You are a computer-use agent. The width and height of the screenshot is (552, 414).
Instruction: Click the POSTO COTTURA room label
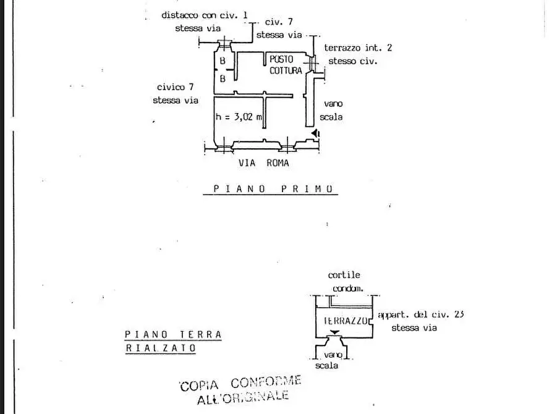point(286,65)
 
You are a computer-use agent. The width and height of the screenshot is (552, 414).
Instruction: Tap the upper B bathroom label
point(223,61)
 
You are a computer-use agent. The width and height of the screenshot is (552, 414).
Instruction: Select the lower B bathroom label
point(223,78)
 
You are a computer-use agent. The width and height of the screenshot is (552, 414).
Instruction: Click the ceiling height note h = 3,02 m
point(239,117)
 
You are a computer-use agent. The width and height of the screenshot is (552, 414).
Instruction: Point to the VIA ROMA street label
point(264,163)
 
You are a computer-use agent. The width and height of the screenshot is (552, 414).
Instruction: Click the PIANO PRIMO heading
point(273,189)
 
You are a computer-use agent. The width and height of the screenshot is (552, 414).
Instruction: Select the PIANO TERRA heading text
point(173,334)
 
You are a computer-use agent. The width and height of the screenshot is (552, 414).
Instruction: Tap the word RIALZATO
point(161,348)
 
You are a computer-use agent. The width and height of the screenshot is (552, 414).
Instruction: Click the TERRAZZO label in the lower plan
point(346,321)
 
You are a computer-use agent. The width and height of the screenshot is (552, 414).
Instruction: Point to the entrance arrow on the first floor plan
point(315,133)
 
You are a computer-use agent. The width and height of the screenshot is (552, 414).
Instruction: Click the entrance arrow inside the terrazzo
point(334,332)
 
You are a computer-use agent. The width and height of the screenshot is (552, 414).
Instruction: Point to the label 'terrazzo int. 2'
point(358,48)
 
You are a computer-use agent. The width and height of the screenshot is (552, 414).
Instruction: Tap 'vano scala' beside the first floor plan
point(331,110)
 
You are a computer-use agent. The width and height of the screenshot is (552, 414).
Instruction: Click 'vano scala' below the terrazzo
point(329,360)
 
